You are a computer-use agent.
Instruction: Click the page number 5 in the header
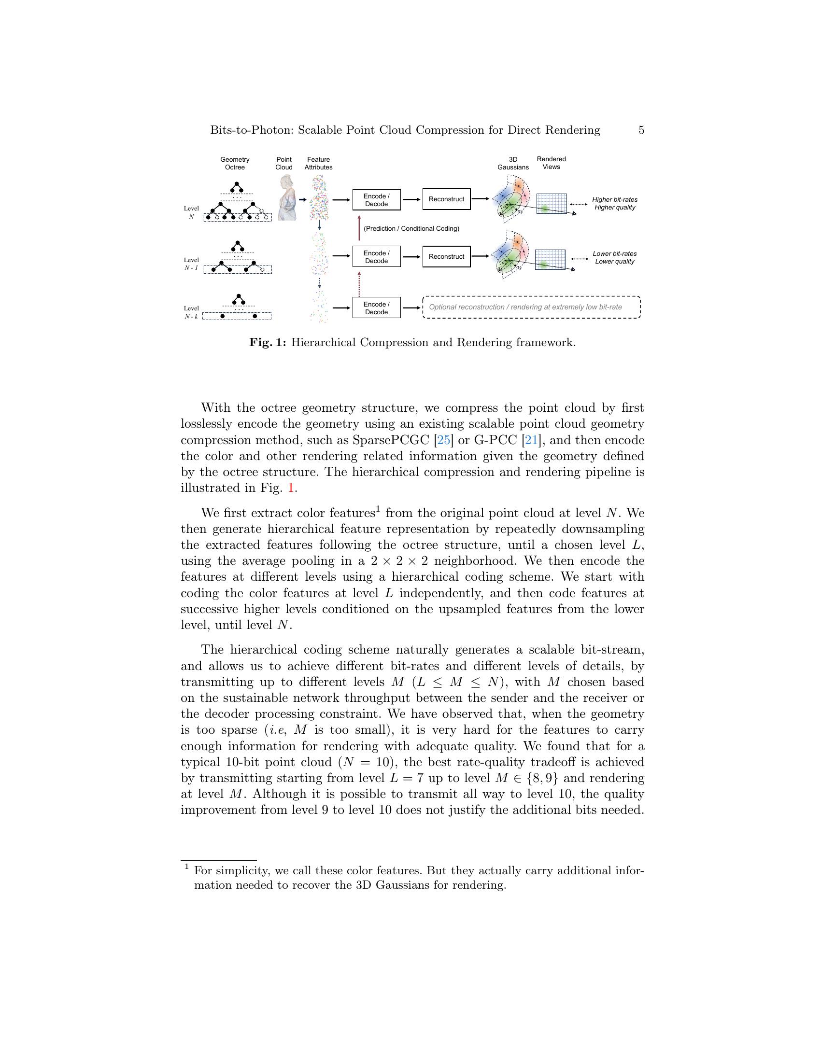point(641,130)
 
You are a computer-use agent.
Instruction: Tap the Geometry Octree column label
point(234,163)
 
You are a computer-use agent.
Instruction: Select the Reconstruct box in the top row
point(446,199)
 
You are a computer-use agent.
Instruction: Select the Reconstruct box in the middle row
point(446,256)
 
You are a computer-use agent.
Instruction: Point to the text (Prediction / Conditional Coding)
point(411,228)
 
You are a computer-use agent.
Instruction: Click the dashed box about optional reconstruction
point(531,307)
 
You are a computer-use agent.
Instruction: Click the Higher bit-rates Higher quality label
point(614,203)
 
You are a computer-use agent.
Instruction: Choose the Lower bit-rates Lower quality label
point(614,257)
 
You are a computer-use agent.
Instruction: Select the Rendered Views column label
point(551,163)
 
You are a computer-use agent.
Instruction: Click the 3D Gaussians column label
point(512,163)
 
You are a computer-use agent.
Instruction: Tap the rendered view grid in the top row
point(551,204)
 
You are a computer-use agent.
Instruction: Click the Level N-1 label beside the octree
point(191,264)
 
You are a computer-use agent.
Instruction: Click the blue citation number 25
point(443,440)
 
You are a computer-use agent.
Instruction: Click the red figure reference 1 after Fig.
point(291,488)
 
